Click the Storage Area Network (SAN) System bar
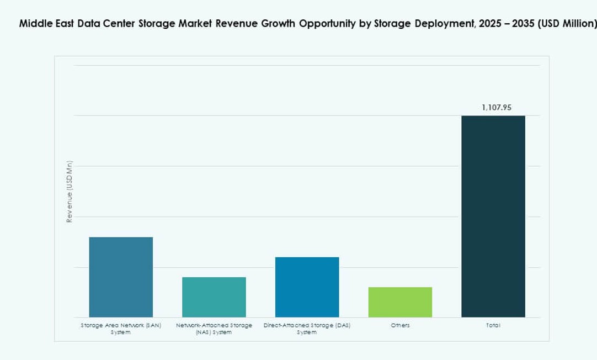point(121,277)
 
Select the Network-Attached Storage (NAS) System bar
point(214,297)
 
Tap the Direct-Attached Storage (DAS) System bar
point(307,287)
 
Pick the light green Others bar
point(400,301)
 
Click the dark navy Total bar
point(493,216)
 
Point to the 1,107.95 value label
point(497,108)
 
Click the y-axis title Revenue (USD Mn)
point(70,192)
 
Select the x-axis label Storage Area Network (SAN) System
point(121,329)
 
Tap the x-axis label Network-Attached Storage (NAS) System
point(214,329)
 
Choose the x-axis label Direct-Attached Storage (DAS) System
point(307,329)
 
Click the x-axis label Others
point(400,325)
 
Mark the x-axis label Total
point(493,325)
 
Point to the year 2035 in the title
point(524,24)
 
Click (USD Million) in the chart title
point(568,24)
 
